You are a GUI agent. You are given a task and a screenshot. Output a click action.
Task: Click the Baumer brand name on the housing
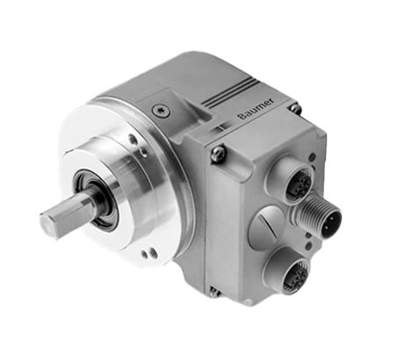[256, 109]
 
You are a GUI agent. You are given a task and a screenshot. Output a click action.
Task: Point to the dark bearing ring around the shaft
[97, 200]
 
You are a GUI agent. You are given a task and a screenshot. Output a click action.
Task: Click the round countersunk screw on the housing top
[162, 112]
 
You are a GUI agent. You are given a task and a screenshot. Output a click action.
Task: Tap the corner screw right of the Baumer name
[294, 108]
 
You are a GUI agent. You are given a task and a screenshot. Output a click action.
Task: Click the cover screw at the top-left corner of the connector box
[219, 152]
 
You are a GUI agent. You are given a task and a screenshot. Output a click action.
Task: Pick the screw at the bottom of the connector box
[214, 292]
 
